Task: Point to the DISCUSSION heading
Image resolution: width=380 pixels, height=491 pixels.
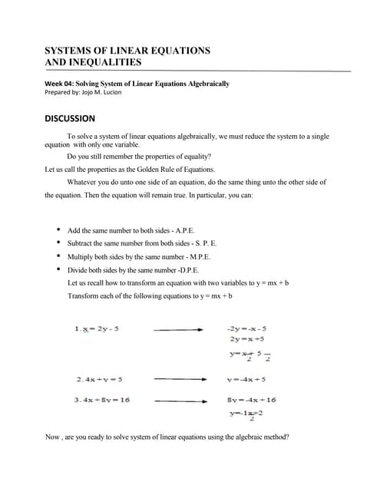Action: pyautogui.click(x=70, y=118)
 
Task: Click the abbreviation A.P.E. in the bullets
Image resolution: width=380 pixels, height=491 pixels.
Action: pyautogui.click(x=194, y=230)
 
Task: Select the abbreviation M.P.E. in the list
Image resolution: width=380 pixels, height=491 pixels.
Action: pyautogui.click(x=195, y=256)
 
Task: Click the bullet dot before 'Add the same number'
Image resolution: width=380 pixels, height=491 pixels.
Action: pyautogui.click(x=58, y=230)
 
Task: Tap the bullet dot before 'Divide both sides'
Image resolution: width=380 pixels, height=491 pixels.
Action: pyautogui.click(x=58, y=269)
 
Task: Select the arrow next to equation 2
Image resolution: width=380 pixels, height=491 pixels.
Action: pyautogui.click(x=180, y=379)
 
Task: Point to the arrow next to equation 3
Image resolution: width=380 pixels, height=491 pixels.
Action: pyautogui.click(x=180, y=400)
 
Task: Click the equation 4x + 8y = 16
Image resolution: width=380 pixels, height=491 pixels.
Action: pyautogui.click(x=102, y=400)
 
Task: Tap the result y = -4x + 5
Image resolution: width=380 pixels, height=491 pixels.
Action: pyautogui.click(x=246, y=379)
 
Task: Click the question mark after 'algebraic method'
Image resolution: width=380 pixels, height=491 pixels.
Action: pyautogui.click(x=287, y=437)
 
